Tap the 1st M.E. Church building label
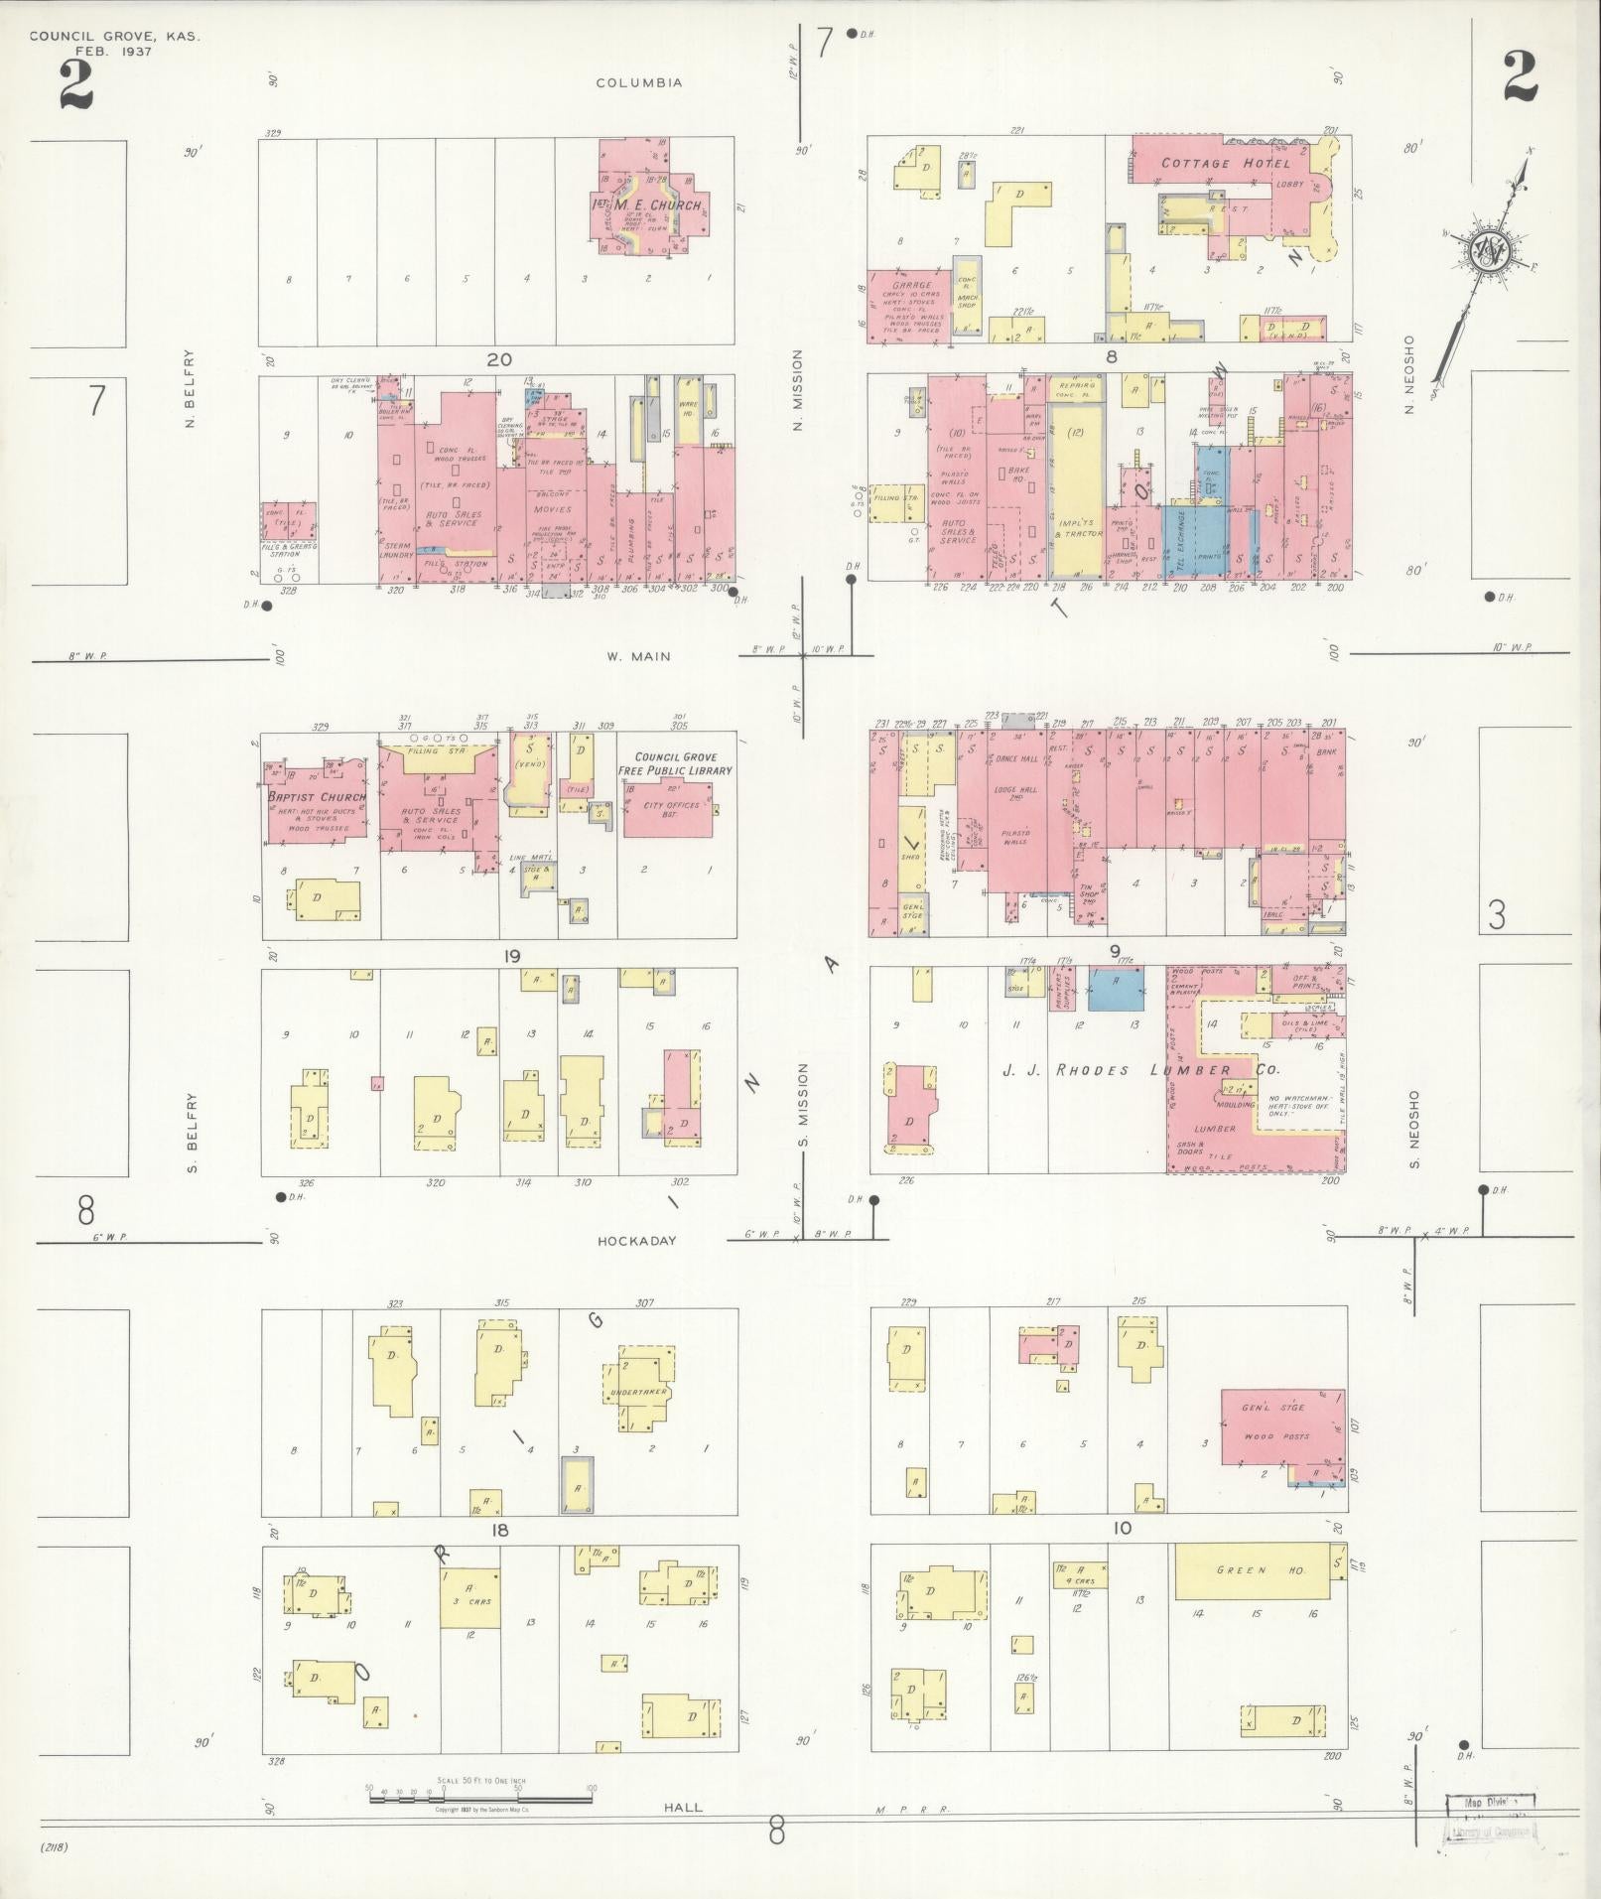tap(647, 205)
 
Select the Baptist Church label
tap(315, 797)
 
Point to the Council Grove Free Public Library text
tap(675, 763)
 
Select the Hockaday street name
tap(636, 1241)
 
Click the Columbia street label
tap(638, 83)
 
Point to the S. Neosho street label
tap(1413, 1130)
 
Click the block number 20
tap(498, 359)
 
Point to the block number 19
tap(512, 957)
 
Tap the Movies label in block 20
tap(552, 509)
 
